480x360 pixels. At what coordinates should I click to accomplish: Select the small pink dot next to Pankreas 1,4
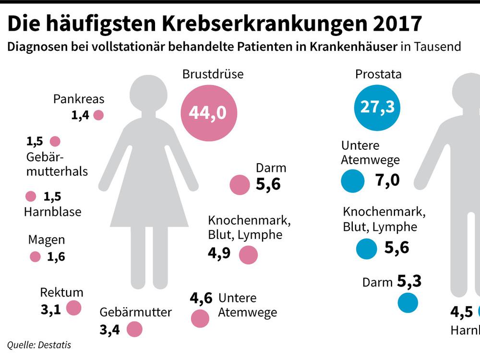[x=98, y=115]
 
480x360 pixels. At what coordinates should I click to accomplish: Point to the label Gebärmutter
[x=136, y=312]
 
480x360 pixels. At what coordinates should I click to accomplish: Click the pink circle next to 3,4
[x=134, y=330]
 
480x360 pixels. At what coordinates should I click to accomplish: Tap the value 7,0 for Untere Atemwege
[x=388, y=180]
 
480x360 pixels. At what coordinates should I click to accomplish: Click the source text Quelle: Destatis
[x=42, y=344]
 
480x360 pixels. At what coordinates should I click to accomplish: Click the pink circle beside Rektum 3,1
[x=73, y=308]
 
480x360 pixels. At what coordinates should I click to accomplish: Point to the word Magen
[x=46, y=240]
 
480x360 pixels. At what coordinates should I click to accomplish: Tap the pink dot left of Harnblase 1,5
[x=31, y=197]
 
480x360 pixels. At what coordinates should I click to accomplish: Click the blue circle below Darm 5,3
[x=408, y=303]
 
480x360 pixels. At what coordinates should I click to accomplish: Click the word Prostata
[x=378, y=74]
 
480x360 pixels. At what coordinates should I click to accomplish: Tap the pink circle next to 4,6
[x=200, y=318]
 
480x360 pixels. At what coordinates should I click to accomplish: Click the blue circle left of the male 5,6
[x=366, y=248]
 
